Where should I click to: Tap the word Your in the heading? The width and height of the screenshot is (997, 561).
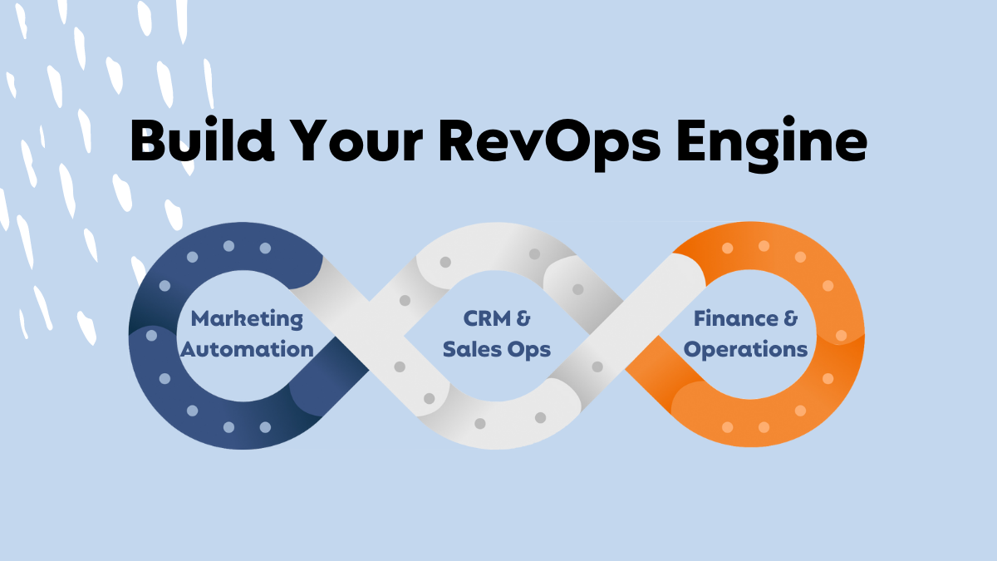(x=358, y=140)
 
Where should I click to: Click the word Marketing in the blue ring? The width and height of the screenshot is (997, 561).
(x=247, y=320)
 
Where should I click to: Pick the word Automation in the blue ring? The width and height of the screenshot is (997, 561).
(x=247, y=349)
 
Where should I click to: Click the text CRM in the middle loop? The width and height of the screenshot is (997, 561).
(x=487, y=319)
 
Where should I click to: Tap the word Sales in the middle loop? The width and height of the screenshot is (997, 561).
(x=472, y=349)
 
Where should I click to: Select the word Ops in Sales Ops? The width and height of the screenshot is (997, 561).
(x=529, y=351)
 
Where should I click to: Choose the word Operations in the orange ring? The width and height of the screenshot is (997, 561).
(x=745, y=351)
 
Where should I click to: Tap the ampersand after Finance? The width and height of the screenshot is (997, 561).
(x=790, y=319)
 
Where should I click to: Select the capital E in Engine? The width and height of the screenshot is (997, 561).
(x=693, y=140)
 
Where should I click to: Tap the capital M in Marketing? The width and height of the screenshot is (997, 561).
(x=201, y=319)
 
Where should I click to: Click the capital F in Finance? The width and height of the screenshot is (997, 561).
(x=700, y=319)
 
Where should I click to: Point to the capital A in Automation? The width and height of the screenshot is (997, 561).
(x=189, y=349)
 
